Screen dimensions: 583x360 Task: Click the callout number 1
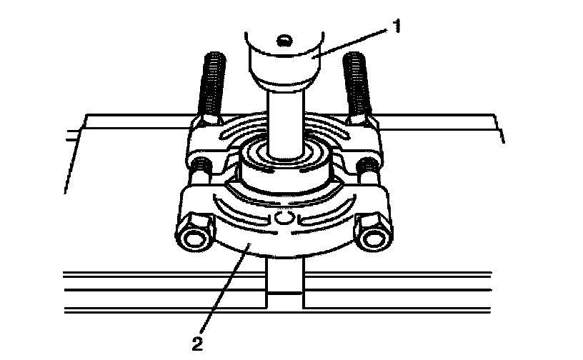(x=397, y=26)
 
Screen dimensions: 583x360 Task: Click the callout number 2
(x=197, y=344)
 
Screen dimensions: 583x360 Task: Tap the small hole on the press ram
(x=285, y=40)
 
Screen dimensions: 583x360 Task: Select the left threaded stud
(x=212, y=88)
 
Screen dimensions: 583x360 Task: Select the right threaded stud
(x=357, y=88)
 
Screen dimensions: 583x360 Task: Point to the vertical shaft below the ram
(x=286, y=123)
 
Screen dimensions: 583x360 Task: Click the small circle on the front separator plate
(x=284, y=218)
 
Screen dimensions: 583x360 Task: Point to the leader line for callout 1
(x=352, y=44)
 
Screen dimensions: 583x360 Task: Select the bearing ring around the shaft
(x=285, y=167)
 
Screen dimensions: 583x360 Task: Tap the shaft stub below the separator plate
(x=285, y=283)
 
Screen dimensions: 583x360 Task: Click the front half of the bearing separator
(x=284, y=223)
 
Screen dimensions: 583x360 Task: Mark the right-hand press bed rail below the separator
(x=397, y=292)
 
